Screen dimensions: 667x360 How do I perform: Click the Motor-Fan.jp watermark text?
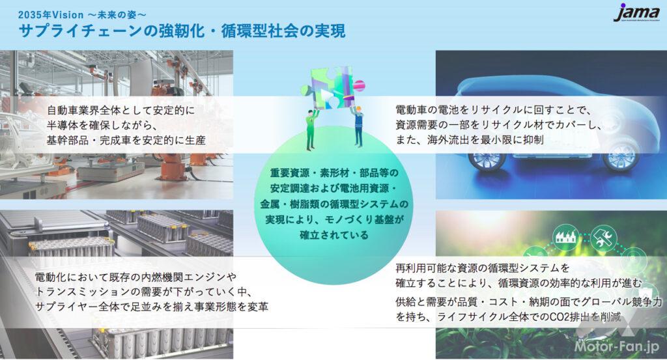point(616,346)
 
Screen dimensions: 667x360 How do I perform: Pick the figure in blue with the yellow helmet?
point(358,127)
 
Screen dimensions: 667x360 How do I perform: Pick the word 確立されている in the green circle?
point(334,235)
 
